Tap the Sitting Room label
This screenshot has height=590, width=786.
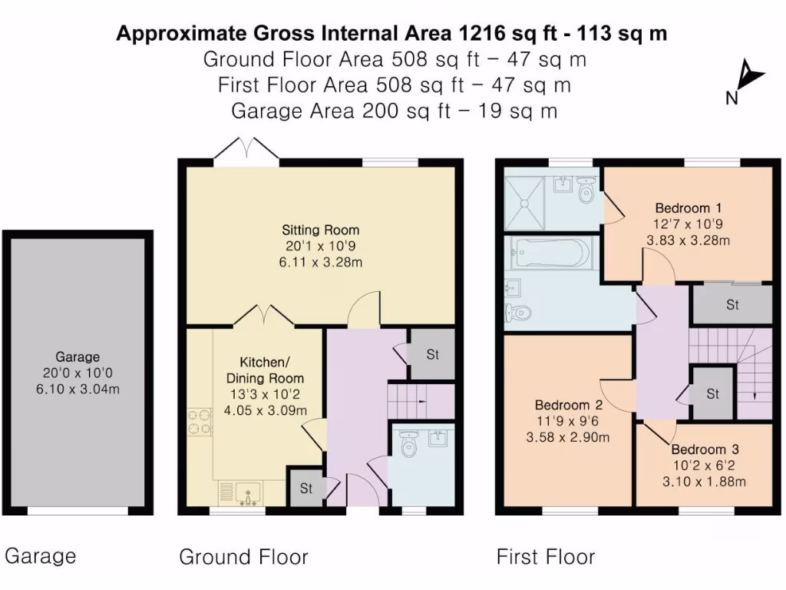click(x=320, y=230)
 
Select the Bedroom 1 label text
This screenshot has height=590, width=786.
click(x=688, y=207)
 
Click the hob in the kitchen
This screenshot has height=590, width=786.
click(x=200, y=423)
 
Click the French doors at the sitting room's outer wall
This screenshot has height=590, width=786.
click(x=246, y=150)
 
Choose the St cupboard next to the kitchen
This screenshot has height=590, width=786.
click(x=305, y=488)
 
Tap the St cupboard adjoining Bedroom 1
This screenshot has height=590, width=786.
click(x=732, y=305)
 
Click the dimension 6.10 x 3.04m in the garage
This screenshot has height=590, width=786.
click(x=78, y=389)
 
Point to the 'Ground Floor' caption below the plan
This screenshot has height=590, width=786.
click(x=243, y=557)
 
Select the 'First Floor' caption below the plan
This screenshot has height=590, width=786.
click(x=545, y=557)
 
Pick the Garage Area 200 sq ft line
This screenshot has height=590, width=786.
click(x=394, y=111)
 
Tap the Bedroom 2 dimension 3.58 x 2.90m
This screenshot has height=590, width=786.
click(x=567, y=437)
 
